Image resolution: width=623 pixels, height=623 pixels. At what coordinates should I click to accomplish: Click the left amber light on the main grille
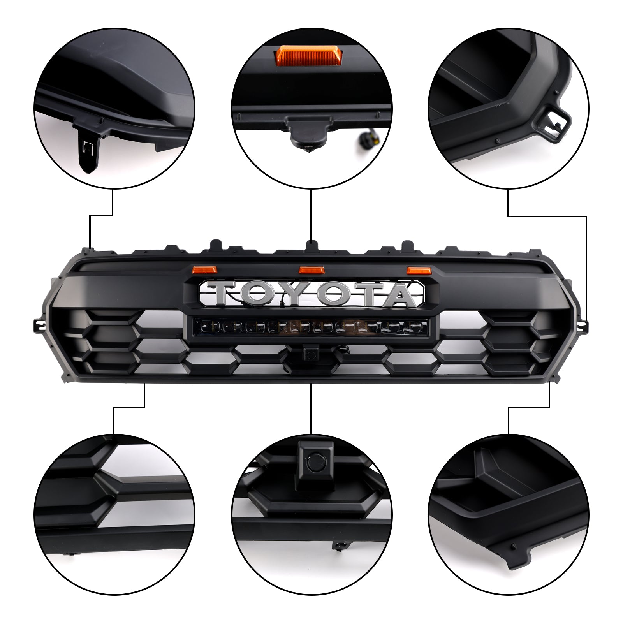[x=198, y=269]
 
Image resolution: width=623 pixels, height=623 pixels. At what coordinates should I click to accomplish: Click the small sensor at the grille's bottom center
[x=310, y=352]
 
